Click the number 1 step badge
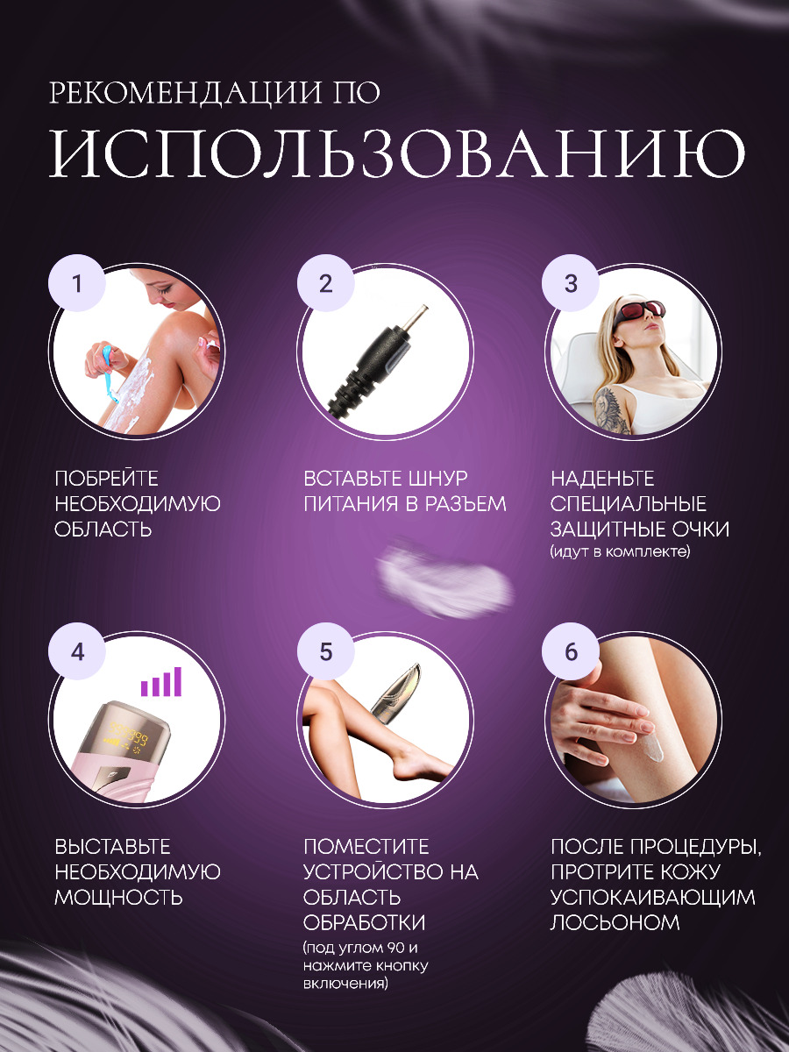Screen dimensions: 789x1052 pos(76,284)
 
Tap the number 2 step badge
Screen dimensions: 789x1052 pos(326,284)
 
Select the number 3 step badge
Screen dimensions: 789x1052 pos(571,284)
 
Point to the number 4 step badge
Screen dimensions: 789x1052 pos(76,652)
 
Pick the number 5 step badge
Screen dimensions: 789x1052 pos(326,652)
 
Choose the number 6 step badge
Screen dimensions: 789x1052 pos(571,652)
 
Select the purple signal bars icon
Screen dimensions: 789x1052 pos(161,681)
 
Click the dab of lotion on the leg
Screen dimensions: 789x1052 pos(654,749)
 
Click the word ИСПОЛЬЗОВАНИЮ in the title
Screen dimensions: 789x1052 pos(397,153)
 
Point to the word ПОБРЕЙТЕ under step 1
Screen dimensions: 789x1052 pos(106,479)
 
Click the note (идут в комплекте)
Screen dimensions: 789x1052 pos(620,551)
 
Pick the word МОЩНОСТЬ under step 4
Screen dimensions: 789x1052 pos(118,898)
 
